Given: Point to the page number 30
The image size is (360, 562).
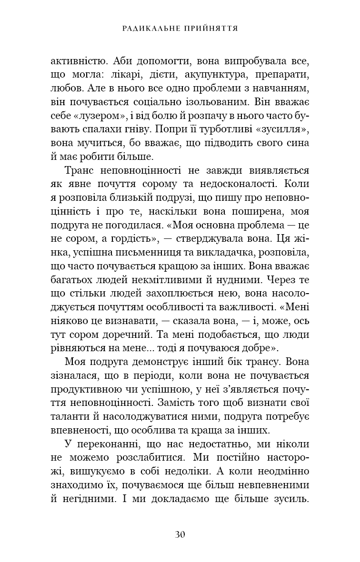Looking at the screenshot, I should [180, 534].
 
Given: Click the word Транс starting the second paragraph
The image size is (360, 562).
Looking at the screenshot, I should [78, 170].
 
